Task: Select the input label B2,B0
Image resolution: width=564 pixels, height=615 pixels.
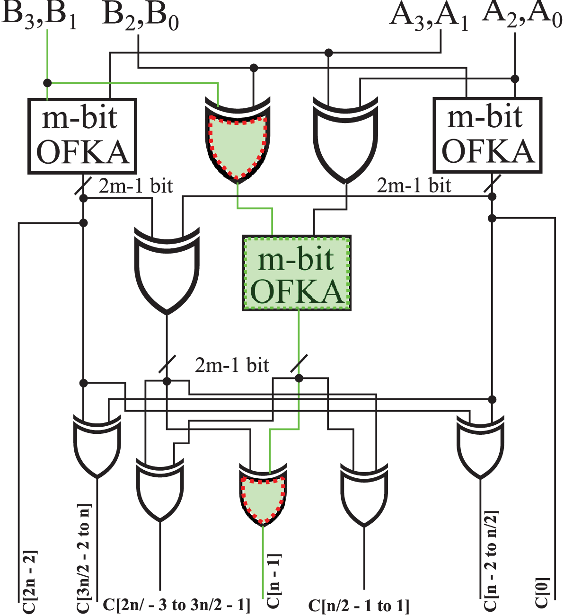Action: (x=140, y=17)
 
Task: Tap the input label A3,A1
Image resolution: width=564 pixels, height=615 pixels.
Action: (x=428, y=17)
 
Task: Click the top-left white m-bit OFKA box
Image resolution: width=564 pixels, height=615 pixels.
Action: (x=82, y=136)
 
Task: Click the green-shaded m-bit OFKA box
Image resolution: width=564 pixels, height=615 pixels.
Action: (x=297, y=273)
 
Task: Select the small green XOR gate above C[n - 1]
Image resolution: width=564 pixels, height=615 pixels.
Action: (x=263, y=495)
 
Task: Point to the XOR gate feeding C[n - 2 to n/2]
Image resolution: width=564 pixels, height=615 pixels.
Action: (x=480, y=447)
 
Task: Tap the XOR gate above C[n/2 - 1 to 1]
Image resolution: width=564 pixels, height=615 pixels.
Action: (x=364, y=494)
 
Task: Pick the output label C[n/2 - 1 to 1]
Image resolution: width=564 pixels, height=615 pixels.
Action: (x=358, y=606)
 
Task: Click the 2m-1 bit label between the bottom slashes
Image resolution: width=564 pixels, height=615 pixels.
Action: (x=232, y=365)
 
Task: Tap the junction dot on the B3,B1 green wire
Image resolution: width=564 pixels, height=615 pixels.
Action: (x=47, y=83)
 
